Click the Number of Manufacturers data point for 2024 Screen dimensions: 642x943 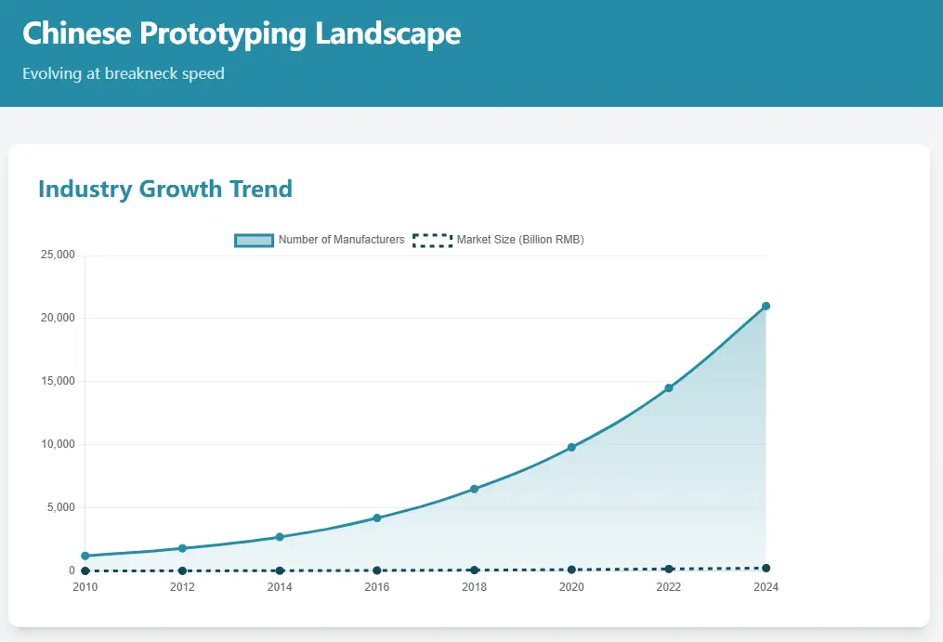pos(766,306)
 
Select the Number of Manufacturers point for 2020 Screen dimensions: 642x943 pos(571,448)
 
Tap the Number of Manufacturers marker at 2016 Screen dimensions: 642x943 pos(377,518)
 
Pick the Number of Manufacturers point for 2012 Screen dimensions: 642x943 pos(182,548)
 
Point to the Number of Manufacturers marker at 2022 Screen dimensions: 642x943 pos(668,388)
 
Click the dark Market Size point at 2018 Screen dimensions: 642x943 pos(474,570)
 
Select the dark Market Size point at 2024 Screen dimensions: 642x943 pos(766,568)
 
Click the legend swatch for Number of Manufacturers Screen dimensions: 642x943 pos(254,240)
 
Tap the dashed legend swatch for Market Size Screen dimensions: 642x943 pos(432,240)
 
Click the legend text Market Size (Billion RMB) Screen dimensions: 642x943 pos(520,240)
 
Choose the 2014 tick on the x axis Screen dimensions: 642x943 pos(280,586)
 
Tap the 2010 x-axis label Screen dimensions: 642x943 pos(85,586)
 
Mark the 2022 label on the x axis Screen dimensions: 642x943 pos(668,586)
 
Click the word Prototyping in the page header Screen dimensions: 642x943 pos(223,34)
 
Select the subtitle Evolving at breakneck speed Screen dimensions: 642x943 pos(124,73)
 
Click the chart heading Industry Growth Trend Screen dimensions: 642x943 pos(165,190)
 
